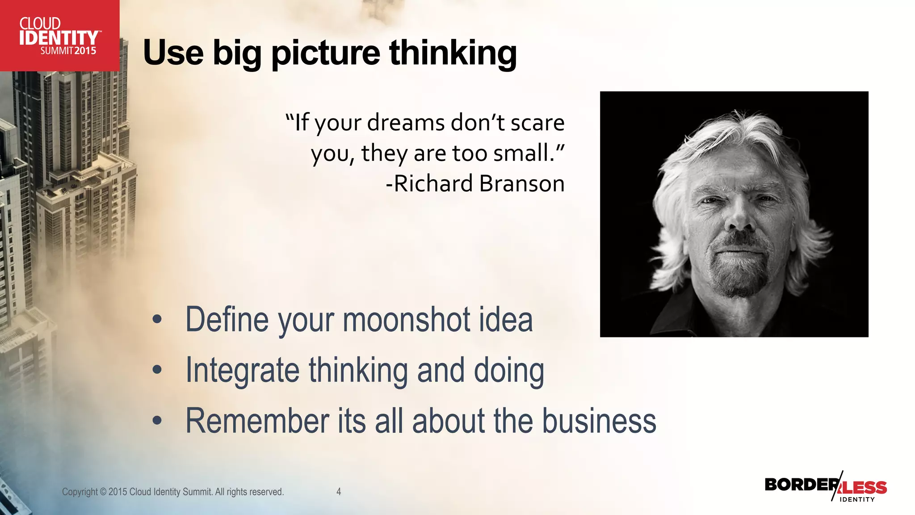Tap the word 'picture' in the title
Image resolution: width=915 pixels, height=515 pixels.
(326, 54)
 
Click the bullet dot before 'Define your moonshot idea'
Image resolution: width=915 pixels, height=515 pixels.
(157, 320)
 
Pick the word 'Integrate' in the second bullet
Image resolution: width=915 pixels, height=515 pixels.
(242, 371)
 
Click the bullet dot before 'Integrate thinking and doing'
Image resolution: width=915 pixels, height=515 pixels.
(157, 370)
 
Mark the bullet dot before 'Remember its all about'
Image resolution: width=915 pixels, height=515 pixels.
(157, 421)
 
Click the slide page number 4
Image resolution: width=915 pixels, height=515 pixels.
(339, 492)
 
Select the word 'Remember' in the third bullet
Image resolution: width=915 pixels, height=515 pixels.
(257, 421)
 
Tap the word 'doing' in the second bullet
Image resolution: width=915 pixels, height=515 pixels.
(508, 371)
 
